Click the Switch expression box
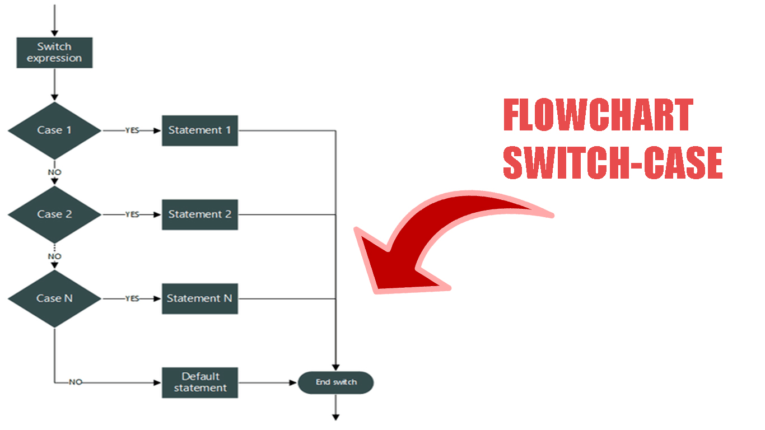(x=54, y=53)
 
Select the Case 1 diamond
(x=54, y=130)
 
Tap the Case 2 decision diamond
(x=54, y=214)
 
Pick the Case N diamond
(x=54, y=298)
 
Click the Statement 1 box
(x=200, y=130)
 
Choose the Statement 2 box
(x=200, y=214)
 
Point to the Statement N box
(x=200, y=298)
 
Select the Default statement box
(x=200, y=382)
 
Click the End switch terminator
(x=336, y=382)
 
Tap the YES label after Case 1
(x=132, y=130)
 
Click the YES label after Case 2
(x=132, y=214)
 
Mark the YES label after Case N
(x=132, y=298)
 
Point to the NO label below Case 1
(x=54, y=172)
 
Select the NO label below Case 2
(x=54, y=256)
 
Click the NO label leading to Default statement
(x=76, y=382)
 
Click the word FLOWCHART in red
(x=598, y=115)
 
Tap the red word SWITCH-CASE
(x=613, y=163)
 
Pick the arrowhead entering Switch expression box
(x=54, y=34)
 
